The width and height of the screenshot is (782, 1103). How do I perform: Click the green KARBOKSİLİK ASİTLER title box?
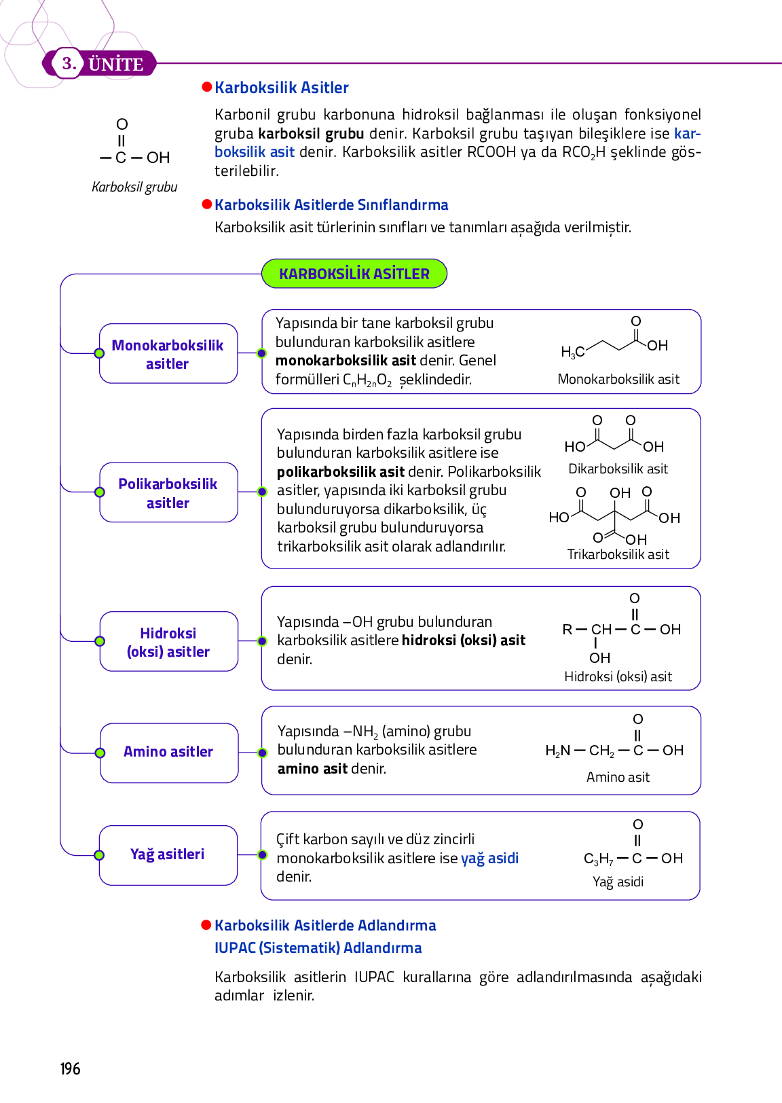pos(354,274)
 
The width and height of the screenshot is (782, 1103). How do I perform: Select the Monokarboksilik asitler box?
pos(168,354)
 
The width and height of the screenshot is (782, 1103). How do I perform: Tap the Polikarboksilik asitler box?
pos(168,493)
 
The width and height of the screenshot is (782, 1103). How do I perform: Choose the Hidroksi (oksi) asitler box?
pos(168,642)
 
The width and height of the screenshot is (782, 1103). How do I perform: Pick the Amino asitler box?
pos(168,752)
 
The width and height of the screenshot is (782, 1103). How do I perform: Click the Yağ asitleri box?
pos(168,854)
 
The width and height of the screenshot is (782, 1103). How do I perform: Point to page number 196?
pos(70,1068)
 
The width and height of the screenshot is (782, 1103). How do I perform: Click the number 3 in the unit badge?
pos(69,64)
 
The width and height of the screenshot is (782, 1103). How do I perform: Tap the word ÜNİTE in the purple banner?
pos(116,65)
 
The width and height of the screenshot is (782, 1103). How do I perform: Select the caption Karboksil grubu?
pos(134,187)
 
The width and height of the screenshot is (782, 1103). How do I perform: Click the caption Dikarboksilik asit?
pos(618,469)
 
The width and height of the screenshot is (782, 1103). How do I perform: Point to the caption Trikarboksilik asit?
pos(618,554)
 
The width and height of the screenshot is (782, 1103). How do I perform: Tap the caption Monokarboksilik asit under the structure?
pos(618,379)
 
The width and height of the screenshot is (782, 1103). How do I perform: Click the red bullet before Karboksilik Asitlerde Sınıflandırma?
pos(207,204)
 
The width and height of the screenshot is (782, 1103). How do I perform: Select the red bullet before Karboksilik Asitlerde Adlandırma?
pos(207,925)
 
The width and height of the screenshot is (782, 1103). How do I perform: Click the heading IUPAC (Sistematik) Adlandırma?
pos(318,947)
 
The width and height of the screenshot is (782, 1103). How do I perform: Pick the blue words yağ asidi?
pos(489,858)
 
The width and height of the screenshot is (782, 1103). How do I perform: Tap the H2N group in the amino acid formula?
pos(558,751)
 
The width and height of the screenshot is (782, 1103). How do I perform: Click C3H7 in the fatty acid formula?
pos(598,858)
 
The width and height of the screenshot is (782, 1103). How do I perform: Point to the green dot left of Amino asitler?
pos(100,753)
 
